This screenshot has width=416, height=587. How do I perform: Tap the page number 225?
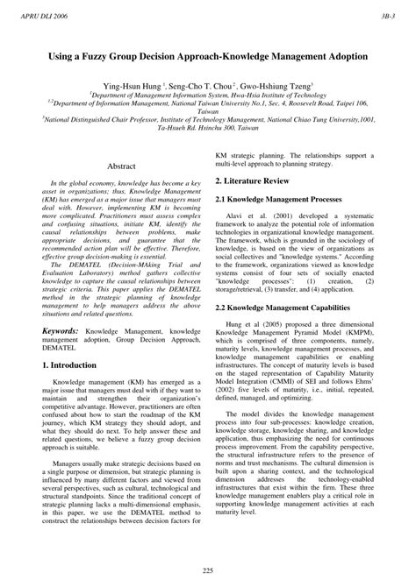(x=207, y=572)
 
